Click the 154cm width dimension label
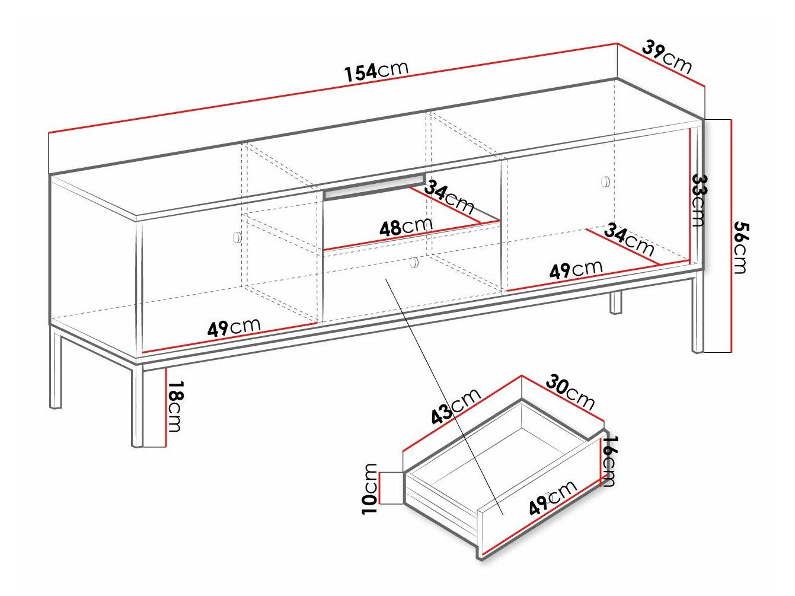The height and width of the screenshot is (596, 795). click(x=377, y=71)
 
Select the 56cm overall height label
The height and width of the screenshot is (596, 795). click(x=740, y=247)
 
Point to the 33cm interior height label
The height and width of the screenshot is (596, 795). click(x=699, y=200)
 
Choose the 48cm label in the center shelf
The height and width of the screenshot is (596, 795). click(x=408, y=226)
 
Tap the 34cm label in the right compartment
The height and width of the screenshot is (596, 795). click(x=628, y=238)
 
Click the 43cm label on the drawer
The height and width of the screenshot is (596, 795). click(x=455, y=407)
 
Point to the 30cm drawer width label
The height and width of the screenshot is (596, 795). click(x=570, y=391)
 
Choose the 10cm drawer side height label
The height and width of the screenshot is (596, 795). click(x=370, y=487)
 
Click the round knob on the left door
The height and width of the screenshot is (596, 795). click(x=237, y=237)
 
